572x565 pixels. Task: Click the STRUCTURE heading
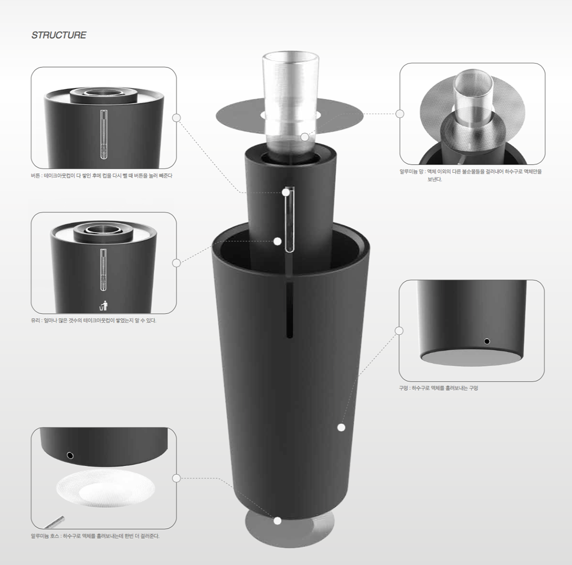click(x=59, y=35)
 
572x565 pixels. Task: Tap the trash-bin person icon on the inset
click(x=104, y=305)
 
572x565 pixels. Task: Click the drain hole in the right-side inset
click(x=486, y=341)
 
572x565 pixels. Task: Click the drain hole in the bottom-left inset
click(x=71, y=455)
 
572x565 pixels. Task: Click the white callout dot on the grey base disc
click(x=277, y=521)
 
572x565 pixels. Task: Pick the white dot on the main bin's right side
click(x=341, y=428)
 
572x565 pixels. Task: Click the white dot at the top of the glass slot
click(x=286, y=192)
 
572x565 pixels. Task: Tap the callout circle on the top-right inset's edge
click(x=400, y=114)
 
